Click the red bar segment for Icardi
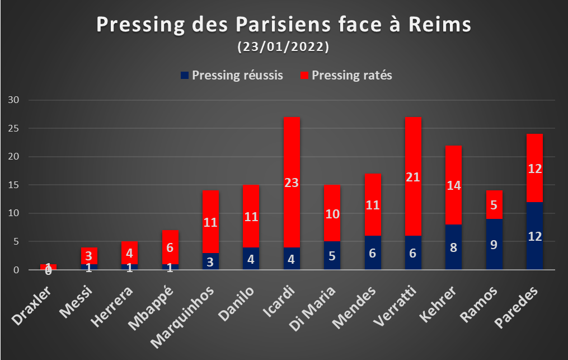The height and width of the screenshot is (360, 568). click(292, 182)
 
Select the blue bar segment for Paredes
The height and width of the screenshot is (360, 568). click(534, 236)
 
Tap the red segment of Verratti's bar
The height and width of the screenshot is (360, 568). click(413, 176)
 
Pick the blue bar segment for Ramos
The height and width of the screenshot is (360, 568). click(494, 244)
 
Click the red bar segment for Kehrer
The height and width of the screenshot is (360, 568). click(453, 185)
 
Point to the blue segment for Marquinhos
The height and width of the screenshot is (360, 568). click(210, 261)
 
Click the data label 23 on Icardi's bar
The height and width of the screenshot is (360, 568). click(292, 183)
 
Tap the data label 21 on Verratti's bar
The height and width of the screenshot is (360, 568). click(413, 177)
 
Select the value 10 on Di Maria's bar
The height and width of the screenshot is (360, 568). click(332, 214)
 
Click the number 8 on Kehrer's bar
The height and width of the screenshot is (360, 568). click(453, 247)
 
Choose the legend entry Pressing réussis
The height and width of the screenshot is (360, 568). click(232, 75)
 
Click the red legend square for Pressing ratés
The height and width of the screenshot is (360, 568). click(304, 75)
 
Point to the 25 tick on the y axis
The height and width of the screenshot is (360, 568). click(13, 128)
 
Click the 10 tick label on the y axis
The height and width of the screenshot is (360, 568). click(13, 213)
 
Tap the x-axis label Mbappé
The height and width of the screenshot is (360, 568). click(151, 308)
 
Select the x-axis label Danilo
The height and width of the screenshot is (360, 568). click(236, 303)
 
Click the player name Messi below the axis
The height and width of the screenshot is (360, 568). click(76, 302)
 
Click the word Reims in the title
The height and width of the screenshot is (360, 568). click(440, 24)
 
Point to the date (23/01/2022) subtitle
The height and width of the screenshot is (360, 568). click(283, 47)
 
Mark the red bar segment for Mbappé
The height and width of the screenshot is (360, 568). click(170, 247)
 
